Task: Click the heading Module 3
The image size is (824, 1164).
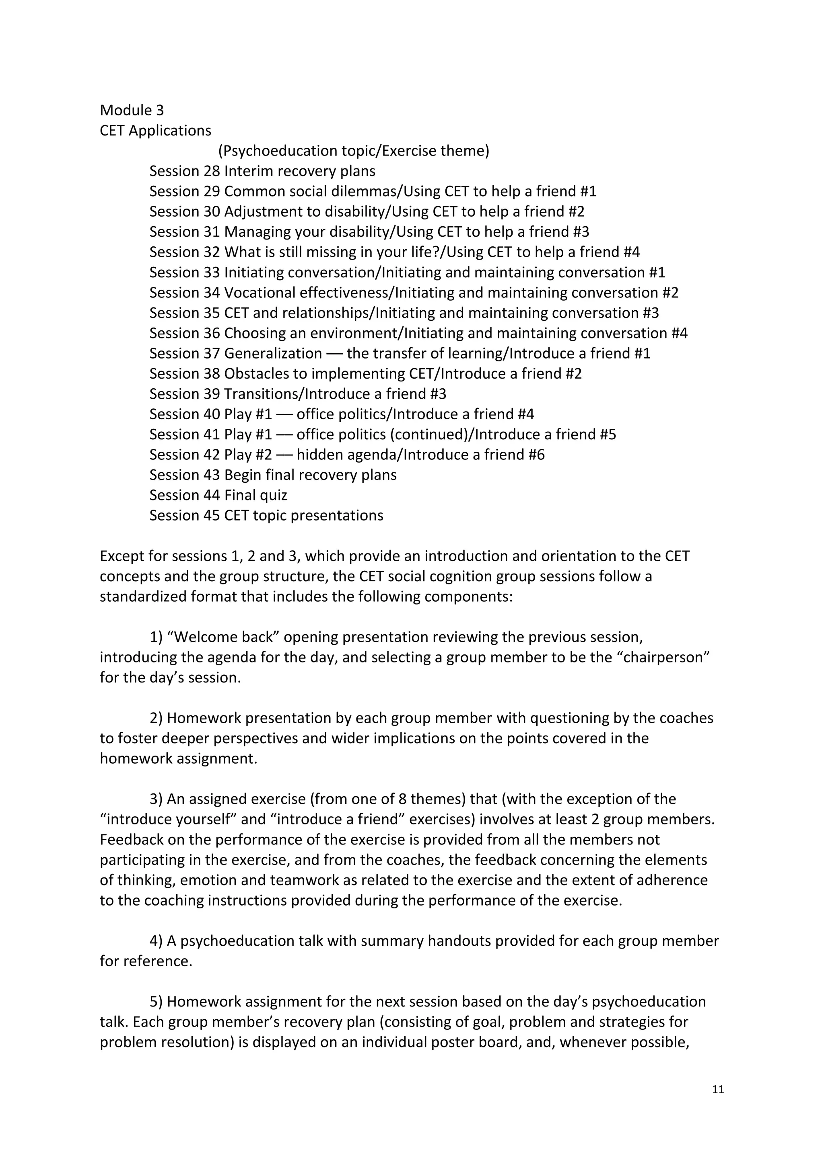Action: pyautogui.click(x=132, y=111)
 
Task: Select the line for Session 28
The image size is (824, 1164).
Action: pyautogui.click(x=262, y=171)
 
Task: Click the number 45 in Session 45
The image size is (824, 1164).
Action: pyautogui.click(x=212, y=516)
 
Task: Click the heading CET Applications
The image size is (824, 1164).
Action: pyautogui.click(x=155, y=131)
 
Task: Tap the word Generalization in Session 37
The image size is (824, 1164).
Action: pyautogui.click(x=273, y=353)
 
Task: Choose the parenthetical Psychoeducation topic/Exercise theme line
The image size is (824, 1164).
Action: pyautogui.click(x=354, y=151)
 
